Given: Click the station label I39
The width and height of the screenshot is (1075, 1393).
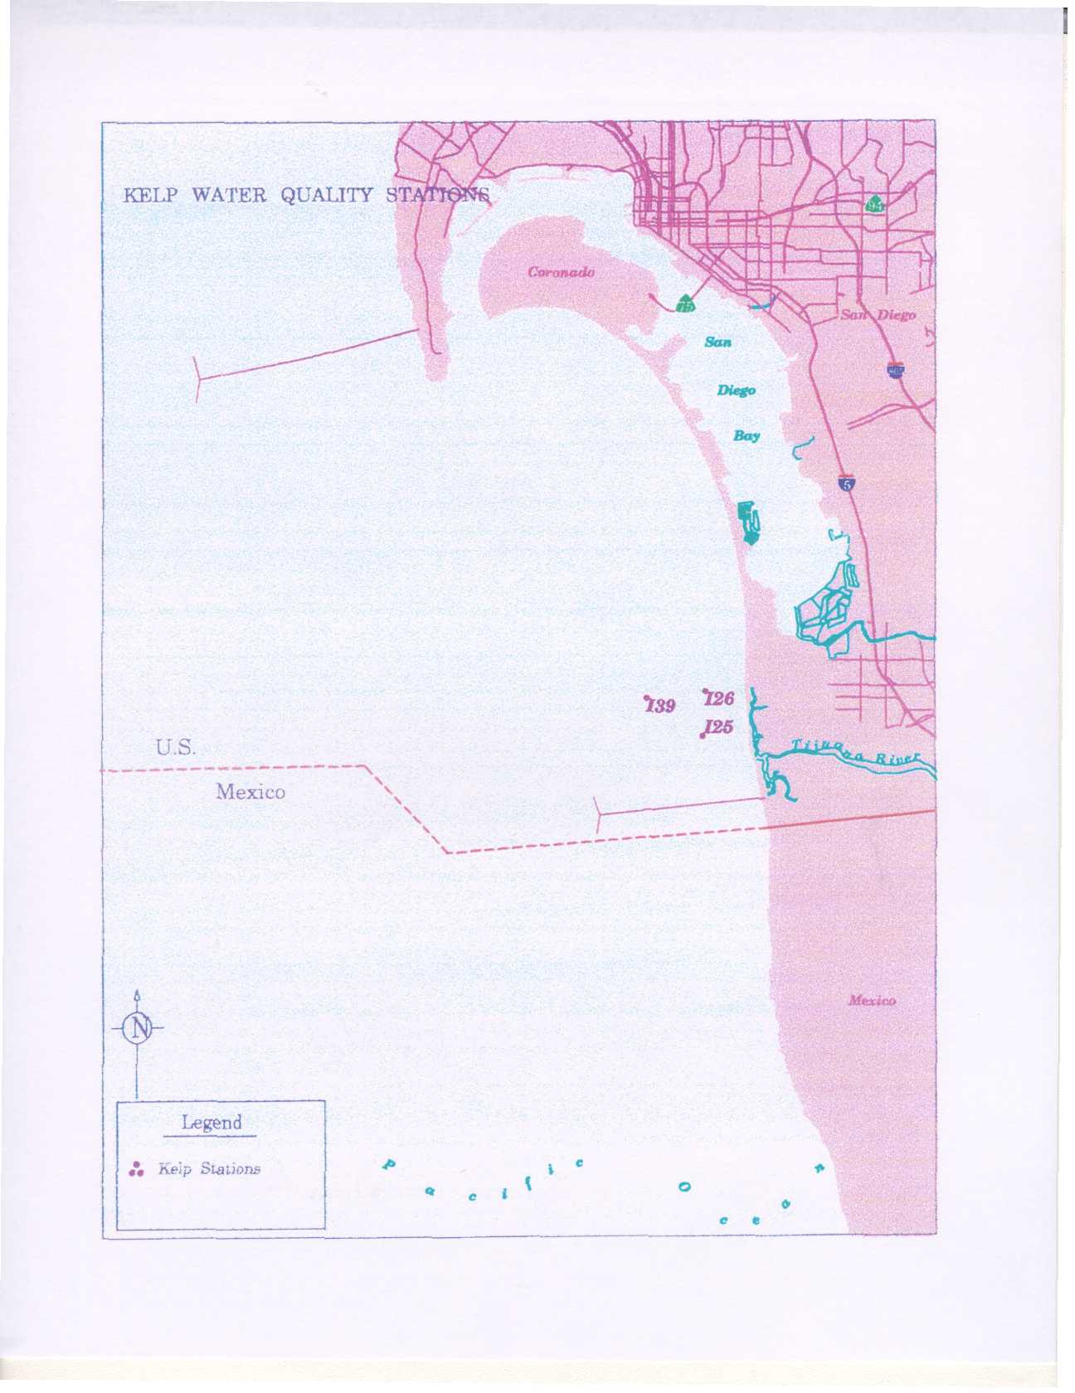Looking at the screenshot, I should [x=661, y=706].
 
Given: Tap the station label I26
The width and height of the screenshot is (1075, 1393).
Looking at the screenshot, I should [x=719, y=699].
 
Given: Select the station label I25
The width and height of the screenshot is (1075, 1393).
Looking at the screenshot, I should [x=717, y=727].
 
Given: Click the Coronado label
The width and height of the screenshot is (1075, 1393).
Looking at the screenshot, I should [x=562, y=272].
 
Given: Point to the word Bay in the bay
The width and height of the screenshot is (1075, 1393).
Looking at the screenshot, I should [x=746, y=435].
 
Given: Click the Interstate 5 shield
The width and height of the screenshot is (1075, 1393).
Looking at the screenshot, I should [x=846, y=483].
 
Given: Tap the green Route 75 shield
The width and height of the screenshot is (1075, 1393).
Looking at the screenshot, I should [x=685, y=304].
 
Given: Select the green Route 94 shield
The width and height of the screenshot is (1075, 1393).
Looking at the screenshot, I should [x=874, y=203].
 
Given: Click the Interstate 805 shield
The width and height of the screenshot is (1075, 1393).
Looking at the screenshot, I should [x=895, y=370].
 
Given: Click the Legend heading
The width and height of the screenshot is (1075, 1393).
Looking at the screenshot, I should [x=212, y=1123].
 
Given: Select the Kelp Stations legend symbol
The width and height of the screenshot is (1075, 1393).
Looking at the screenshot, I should [x=138, y=1169].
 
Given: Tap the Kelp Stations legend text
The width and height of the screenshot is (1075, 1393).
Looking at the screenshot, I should [x=209, y=1169].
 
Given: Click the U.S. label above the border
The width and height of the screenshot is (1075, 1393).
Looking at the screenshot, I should [x=176, y=748].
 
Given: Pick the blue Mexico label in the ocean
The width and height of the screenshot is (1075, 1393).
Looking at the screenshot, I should [x=251, y=792].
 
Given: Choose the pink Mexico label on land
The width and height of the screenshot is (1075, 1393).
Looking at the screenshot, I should [x=872, y=1001].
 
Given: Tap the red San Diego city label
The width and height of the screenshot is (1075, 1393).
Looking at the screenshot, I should [x=878, y=315].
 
